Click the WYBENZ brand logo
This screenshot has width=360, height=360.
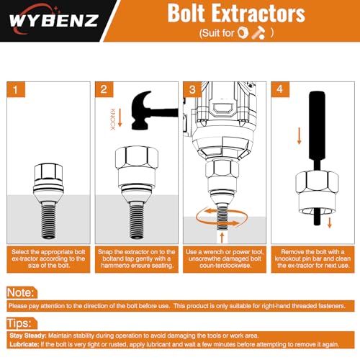(54, 20)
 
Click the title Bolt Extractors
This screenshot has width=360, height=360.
(236, 13)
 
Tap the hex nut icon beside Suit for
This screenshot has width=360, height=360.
(243, 32)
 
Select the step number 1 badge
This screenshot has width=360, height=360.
(16, 89)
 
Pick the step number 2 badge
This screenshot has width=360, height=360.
(104, 89)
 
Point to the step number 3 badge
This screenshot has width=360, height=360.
(192, 89)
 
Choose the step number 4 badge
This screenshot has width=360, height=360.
(280, 89)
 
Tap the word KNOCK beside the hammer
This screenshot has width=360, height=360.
(112, 120)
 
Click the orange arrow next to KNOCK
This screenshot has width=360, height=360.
(120, 118)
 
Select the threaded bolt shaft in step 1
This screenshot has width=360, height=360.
(48, 220)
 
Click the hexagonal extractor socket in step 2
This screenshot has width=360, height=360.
(137, 160)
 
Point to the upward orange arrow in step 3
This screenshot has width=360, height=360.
(222, 237)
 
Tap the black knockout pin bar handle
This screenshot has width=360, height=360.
(317, 125)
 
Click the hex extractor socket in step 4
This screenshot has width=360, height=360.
(317, 192)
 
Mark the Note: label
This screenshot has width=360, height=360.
(21, 292)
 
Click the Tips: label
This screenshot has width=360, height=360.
(19, 323)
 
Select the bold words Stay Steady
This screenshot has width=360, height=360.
(28, 336)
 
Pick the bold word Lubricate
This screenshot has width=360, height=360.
(24, 344)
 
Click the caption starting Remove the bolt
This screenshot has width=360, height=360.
(312, 258)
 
